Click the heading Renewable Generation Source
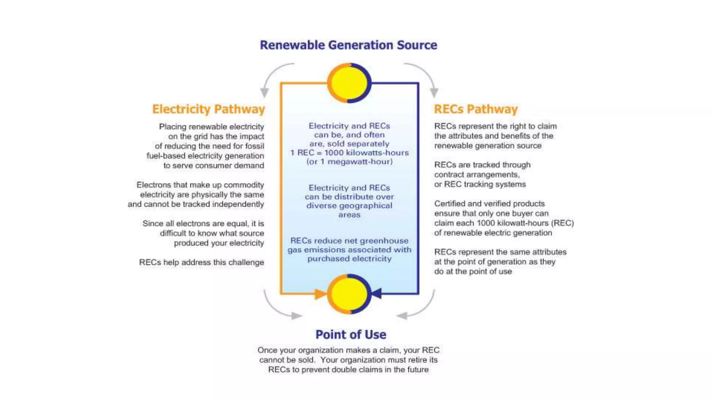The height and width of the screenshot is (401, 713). click(348, 45)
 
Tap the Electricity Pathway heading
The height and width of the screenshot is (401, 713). click(209, 109)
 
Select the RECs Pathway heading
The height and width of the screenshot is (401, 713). click(476, 109)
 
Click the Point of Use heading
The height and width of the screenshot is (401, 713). click(351, 335)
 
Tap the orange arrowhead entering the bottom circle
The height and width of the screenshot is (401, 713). click(321, 294)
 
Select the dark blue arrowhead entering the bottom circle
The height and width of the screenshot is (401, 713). click(376, 293)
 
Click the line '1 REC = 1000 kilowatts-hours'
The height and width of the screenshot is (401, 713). click(350, 153)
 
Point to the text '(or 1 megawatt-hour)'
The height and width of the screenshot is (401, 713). click(350, 162)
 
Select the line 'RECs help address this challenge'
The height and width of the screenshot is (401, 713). click(202, 262)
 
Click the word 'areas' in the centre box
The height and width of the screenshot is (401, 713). click(350, 215)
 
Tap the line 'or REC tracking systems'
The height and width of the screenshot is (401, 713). click(480, 184)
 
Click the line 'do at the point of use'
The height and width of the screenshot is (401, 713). click(473, 272)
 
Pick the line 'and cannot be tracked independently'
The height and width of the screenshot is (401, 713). click(196, 204)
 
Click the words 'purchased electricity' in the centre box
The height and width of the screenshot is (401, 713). click(350, 259)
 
